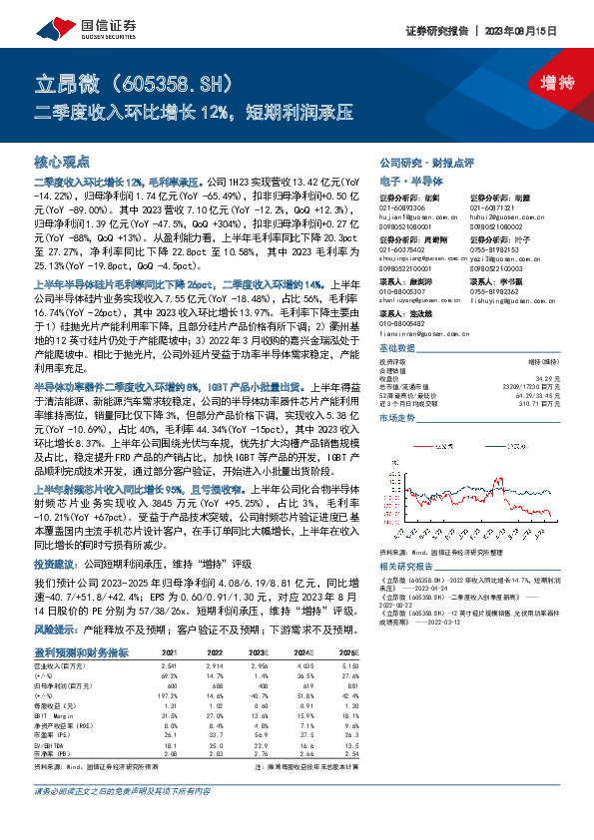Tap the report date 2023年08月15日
540,30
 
